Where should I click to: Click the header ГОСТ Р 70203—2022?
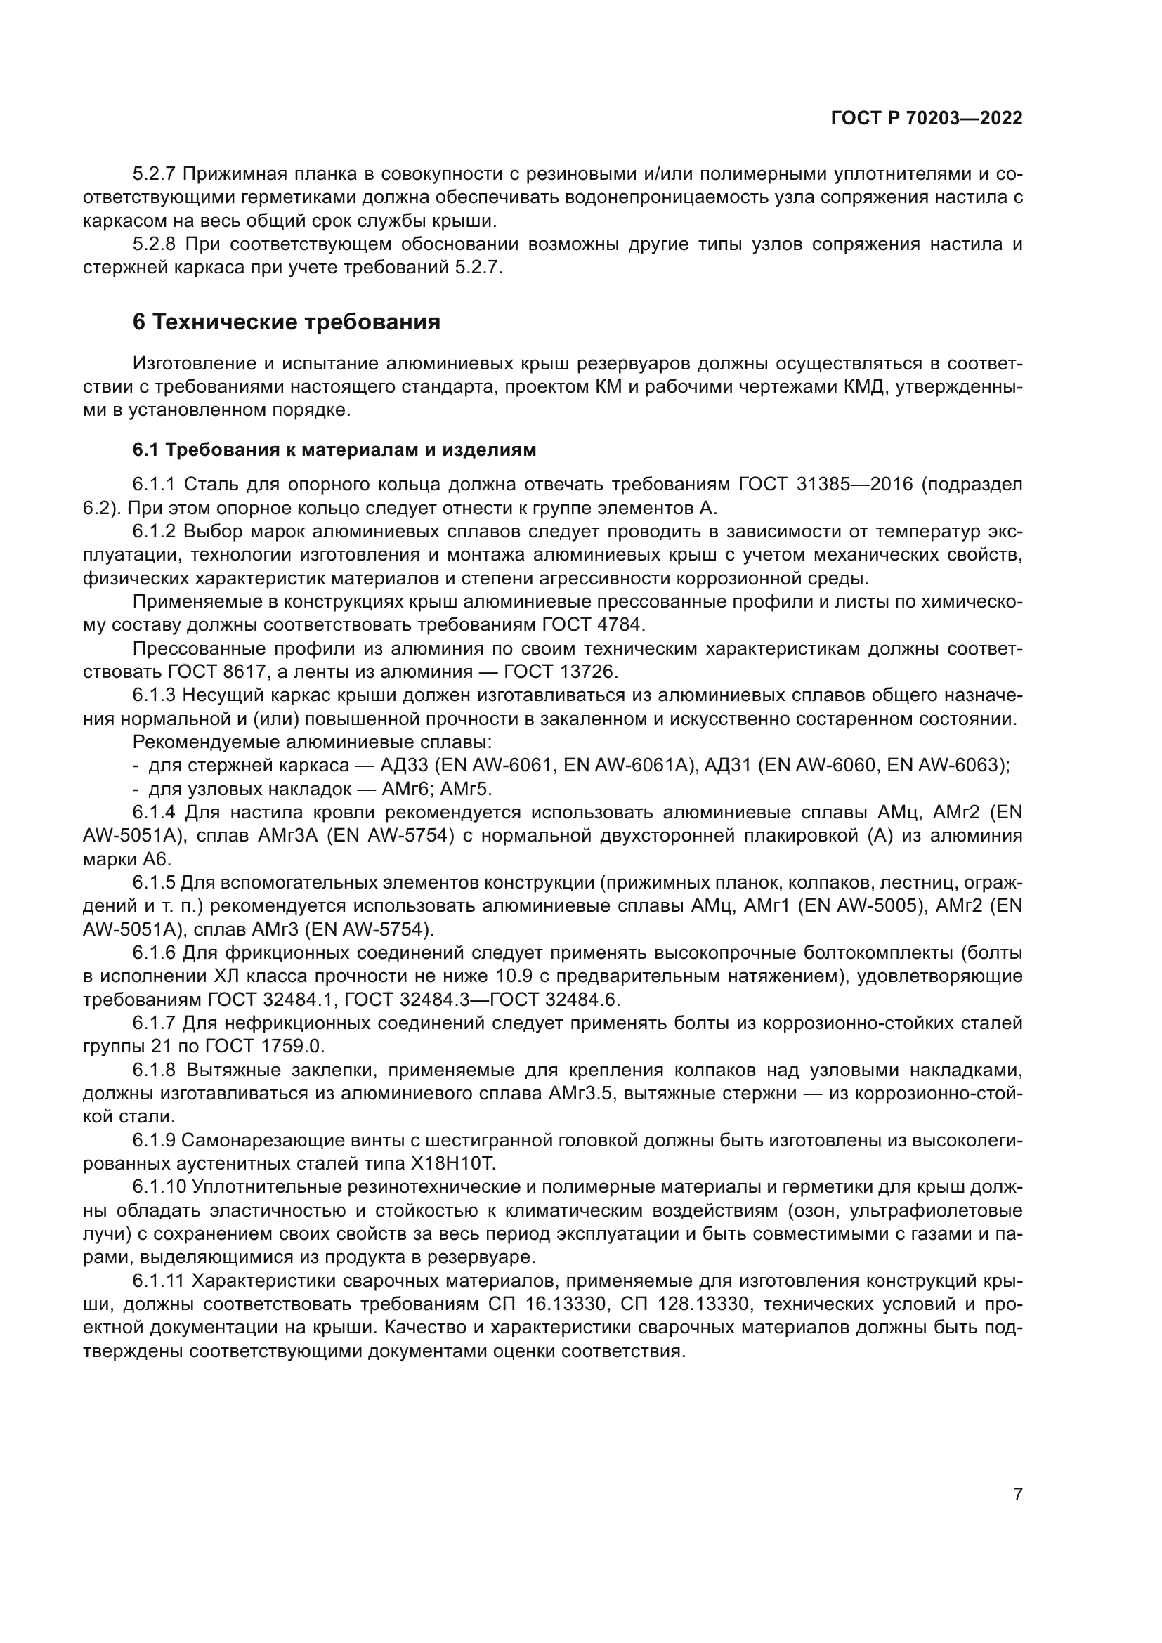[x=926, y=119]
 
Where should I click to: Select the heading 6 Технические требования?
[x=286, y=322]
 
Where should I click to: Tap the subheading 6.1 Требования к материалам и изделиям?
[x=334, y=450]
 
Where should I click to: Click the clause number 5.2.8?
[x=154, y=244]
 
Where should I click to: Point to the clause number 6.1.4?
[x=154, y=813]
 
